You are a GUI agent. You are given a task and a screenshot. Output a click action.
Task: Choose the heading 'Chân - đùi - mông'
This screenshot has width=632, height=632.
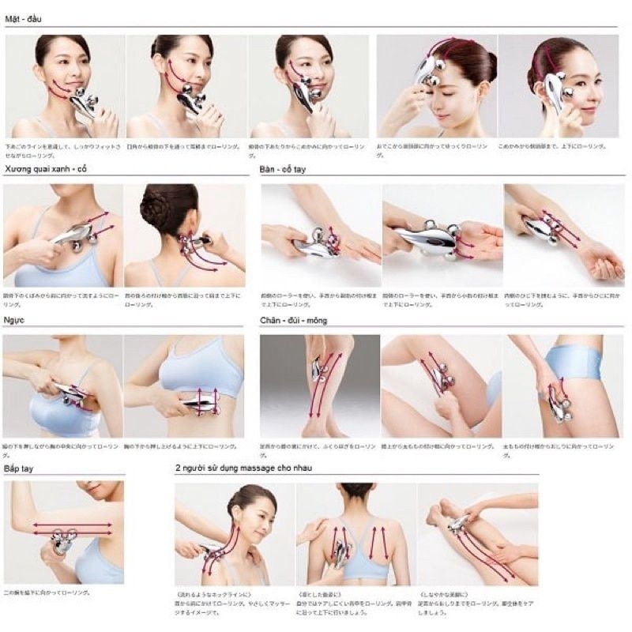tap(294, 321)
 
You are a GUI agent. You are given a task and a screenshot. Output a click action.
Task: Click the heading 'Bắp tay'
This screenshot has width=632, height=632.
tap(23, 469)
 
